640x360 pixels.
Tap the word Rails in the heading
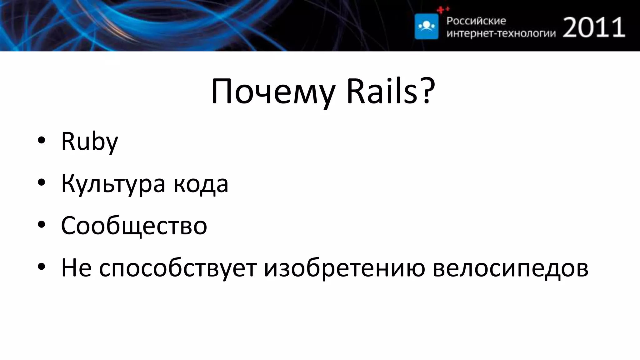382,92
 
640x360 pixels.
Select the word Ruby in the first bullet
89,142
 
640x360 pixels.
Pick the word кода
201,184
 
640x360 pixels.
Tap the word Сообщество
134,226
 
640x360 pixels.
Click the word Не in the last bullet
76,267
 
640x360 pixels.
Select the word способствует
177,268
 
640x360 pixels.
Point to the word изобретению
344,267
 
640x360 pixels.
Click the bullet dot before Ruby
41,141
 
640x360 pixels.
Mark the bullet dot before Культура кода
41,183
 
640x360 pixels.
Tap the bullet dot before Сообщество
41,225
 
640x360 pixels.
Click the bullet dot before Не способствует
41,267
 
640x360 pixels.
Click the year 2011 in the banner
594,27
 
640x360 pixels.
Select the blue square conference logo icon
426,27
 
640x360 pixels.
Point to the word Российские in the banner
476,21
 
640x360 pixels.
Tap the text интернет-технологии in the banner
501,33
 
